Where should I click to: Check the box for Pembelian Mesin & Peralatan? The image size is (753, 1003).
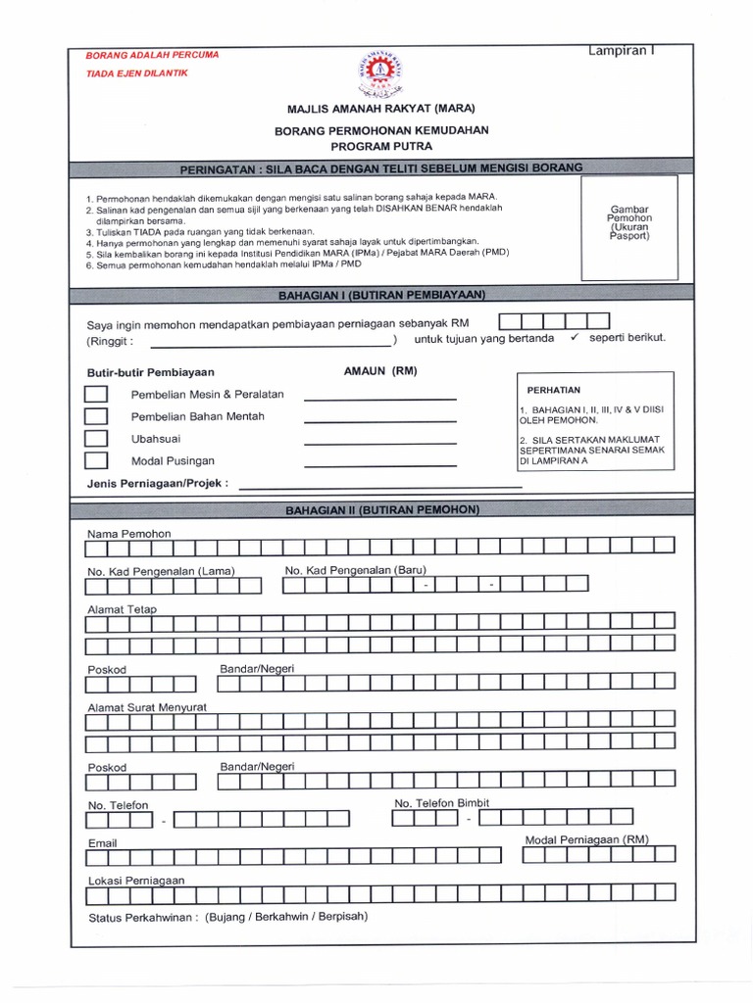point(96,394)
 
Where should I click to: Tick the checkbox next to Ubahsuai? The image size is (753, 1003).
point(96,438)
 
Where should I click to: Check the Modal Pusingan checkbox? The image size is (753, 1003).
point(96,460)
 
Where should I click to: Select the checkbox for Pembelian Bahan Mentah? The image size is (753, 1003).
point(96,416)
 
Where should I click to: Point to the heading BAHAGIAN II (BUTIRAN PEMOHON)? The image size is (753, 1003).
point(381,510)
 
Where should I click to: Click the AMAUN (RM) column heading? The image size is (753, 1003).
point(380,372)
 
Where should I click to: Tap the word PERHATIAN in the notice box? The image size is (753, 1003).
point(554,390)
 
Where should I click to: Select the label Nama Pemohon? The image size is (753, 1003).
point(129,533)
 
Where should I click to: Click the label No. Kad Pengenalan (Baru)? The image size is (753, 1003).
point(356,570)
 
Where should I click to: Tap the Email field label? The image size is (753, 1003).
point(102,842)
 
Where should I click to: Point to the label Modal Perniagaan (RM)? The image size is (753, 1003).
point(586,839)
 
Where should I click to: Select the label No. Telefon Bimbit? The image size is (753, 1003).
point(441,803)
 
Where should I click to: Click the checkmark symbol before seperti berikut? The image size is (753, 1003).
point(575,337)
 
